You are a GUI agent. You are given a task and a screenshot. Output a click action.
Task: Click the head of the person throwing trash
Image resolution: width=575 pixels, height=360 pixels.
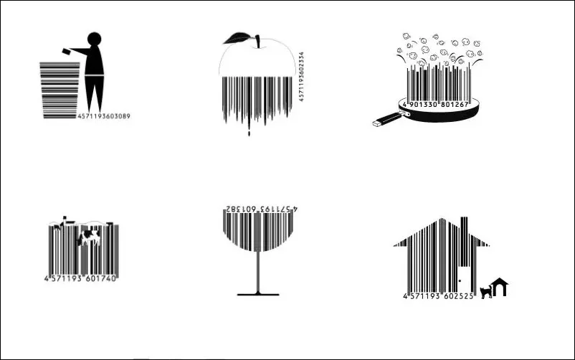95,41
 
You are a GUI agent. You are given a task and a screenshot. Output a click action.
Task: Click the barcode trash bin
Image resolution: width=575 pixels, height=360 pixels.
60,90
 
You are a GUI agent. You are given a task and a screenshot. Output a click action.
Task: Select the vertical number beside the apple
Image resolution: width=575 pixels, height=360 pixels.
302,76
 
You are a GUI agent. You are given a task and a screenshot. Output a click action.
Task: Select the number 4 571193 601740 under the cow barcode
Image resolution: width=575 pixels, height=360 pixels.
80,278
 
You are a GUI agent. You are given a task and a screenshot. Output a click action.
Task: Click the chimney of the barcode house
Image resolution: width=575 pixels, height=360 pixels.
464,224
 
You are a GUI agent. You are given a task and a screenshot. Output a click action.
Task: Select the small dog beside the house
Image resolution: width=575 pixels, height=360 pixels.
486,290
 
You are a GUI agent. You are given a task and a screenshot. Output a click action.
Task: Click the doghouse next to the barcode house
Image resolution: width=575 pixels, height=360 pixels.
500,288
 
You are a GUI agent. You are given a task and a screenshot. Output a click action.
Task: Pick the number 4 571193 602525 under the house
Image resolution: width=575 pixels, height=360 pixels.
438,295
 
